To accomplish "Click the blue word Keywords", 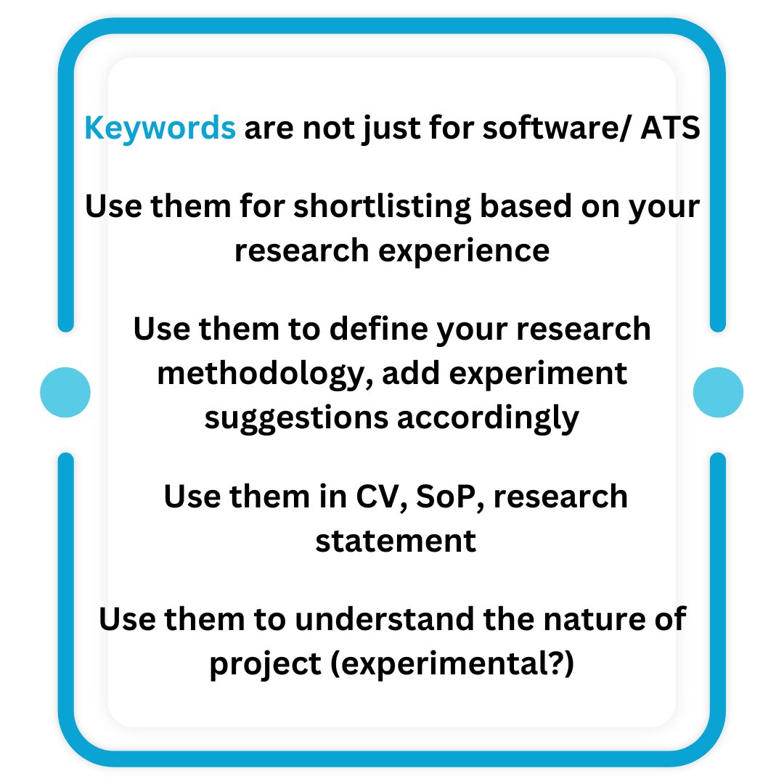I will (160, 129).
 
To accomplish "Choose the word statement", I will (396, 541).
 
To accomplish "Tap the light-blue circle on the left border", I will (65, 392).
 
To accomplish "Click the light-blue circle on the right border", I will (719, 392).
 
